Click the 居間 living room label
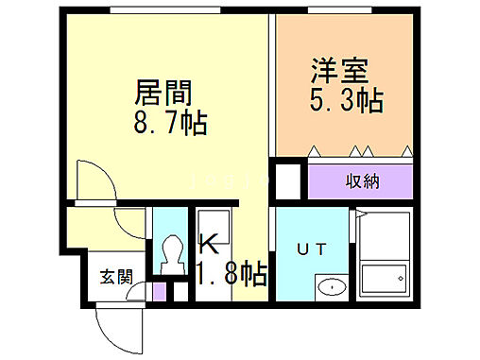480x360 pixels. point(164,93)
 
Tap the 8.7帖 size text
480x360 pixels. point(171,123)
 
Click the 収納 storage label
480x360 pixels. point(362,180)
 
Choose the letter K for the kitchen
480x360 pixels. point(209,243)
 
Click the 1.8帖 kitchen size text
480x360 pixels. point(231,274)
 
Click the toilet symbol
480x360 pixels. point(172,254)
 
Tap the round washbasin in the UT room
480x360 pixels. point(329,287)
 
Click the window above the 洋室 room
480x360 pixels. point(344,9)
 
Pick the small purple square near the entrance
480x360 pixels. point(159,290)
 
